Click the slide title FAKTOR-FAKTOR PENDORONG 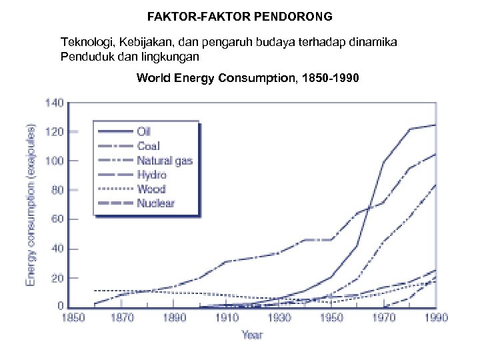(x=240, y=15)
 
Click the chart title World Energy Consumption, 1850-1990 (x=248, y=78)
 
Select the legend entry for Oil (x=143, y=131)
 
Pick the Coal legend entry (x=148, y=146)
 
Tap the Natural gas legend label (x=164, y=161)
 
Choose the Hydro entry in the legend (x=151, y=175)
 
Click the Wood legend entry (x=151, y=189)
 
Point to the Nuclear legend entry (x=155, y=203)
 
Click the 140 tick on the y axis (x=55, y=103)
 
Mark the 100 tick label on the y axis (x=55, y=161)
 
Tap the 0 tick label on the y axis (x=60, y=306)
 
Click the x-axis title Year (x=252, y=335)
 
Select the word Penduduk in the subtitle (x=85, y=56)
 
